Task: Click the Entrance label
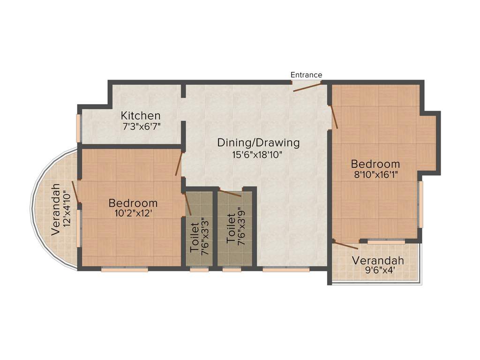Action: pos(306,75)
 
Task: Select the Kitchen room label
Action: pos(141,115)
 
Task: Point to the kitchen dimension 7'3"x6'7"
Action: pos(141,126)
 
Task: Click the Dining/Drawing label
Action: pos(258,142)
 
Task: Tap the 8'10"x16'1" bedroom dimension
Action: pos(375,175)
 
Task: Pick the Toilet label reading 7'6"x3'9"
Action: pos(236,228)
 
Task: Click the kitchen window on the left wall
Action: pos(79,127)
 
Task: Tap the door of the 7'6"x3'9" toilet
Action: pos(230,193)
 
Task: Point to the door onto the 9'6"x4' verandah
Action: pos(346,244)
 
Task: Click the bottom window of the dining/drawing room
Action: pos(285,270)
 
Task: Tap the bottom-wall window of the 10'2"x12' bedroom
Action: pos(125,270)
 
